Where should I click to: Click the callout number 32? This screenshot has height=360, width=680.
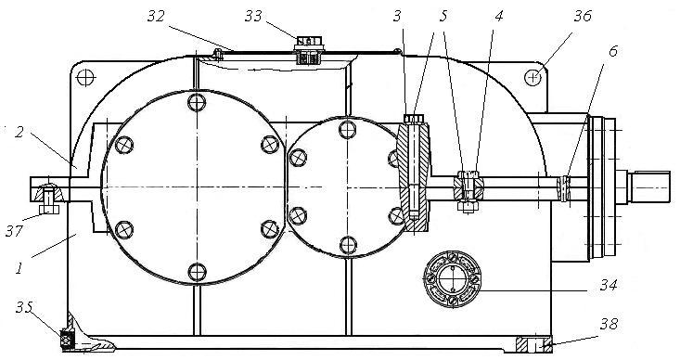point(156,16)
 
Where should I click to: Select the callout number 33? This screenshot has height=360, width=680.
point(253,16)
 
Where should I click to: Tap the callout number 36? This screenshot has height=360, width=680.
point(583,16)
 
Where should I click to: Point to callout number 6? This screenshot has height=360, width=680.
point(613,52)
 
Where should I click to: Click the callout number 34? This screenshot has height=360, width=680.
point(609,285)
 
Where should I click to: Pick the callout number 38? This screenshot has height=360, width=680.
point(609,324)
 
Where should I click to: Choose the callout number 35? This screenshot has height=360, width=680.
point(24,307)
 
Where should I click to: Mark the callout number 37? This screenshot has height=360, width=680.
point(14,231)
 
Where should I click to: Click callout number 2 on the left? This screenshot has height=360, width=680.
point(19,132)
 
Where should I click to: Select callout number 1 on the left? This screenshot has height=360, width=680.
point(19,269)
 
